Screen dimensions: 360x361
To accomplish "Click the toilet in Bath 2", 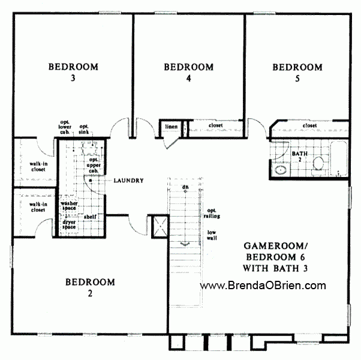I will click(x=318, y=163).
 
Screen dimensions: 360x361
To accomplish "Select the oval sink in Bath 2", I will click(x=281, y=170).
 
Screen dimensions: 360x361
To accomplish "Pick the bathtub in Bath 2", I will click(x=339, y=158).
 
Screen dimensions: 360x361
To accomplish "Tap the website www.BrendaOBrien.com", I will click(x=263, y=286).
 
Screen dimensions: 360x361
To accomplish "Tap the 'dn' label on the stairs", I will click(x=186, y=187).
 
